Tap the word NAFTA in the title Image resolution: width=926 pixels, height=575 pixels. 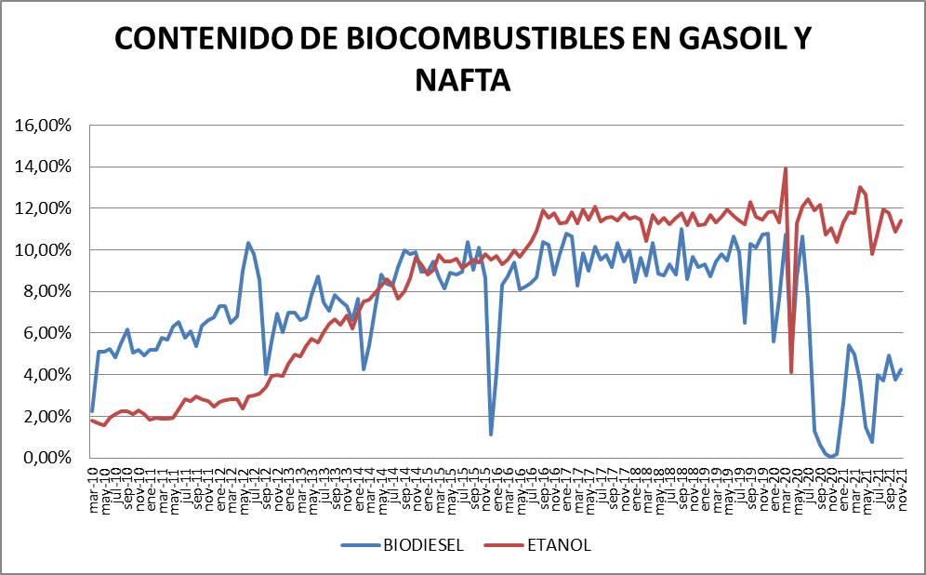coord(462,80)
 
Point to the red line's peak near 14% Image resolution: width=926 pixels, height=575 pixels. coord(786,168)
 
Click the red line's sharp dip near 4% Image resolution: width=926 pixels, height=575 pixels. coord(791,372)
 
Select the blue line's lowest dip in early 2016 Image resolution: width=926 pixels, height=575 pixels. coord(491,435)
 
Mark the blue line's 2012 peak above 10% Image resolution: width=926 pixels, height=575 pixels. coord(248,243)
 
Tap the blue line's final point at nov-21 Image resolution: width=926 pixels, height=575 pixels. coord(901,369)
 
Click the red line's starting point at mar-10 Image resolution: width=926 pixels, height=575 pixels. coord(91,420)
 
